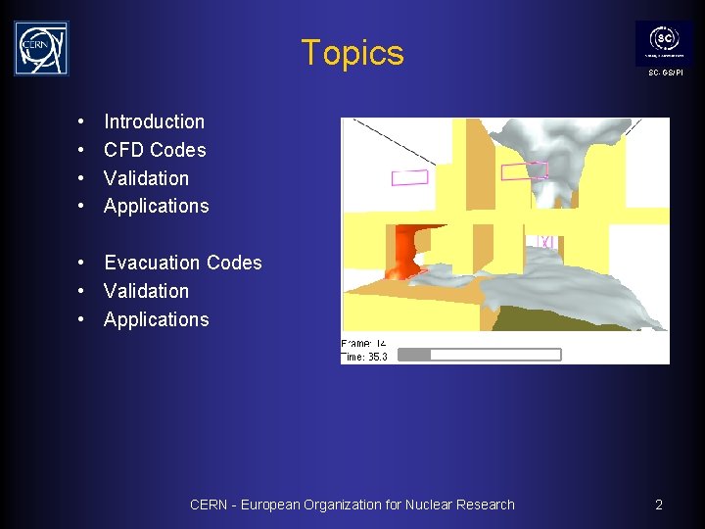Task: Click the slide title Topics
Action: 352,53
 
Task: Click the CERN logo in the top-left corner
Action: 41,48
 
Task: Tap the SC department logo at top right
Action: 663,42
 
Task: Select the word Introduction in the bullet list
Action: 154,121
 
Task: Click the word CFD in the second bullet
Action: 124,150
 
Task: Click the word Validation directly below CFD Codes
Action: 146,178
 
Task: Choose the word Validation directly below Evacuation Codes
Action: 146,291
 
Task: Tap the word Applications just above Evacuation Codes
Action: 156,206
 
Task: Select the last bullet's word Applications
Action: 156,319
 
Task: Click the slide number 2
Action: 659,505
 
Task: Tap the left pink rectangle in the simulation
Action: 409,177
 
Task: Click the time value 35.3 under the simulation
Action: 377,358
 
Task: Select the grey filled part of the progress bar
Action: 414,354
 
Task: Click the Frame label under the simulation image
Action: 354,344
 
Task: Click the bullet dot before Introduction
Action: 78,122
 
